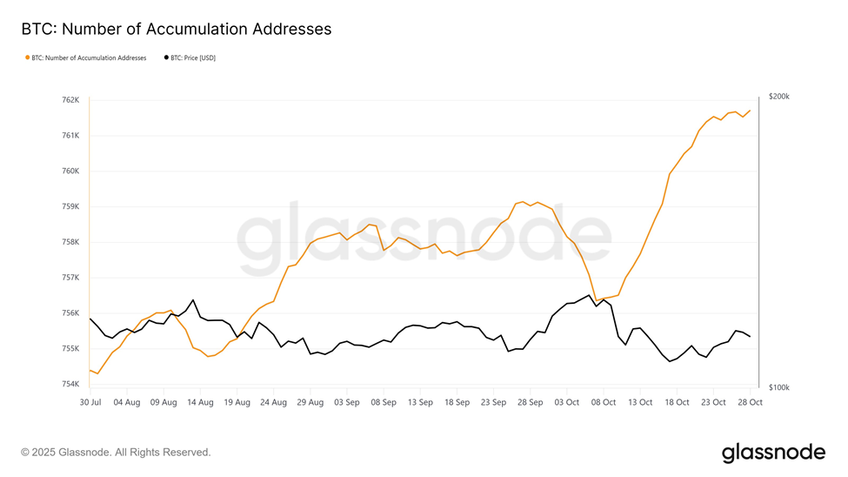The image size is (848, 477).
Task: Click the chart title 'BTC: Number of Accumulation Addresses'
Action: [x=177, y=29]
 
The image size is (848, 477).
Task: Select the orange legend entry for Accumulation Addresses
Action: [x=86, y=58]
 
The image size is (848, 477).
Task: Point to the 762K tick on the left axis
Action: [x=70, y=100]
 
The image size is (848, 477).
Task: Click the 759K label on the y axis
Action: [x=70, y=207]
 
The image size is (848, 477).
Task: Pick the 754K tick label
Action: [x=70, y=384]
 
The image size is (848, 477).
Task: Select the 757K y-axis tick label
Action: [x=70, y=278]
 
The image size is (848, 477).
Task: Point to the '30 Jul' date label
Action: [x=90, y=403]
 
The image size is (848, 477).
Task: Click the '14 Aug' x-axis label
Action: [x=201, y=403]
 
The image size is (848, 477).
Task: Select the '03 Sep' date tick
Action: [x=347, y=403]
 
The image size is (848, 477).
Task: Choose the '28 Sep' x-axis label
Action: [x=531, y=403]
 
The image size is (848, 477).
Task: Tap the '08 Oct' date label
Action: [x=604, y=403]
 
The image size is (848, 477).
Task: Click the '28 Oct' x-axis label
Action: [x=750, y=403]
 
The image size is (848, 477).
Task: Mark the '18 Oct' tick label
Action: [x=677, y=403]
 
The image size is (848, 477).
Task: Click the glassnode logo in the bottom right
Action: [x=773, y=453]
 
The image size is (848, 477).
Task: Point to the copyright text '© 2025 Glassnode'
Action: [x=116, y=453]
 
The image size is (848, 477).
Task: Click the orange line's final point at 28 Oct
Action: [x=750, y=111]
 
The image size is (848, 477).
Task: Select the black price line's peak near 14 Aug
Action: [x=193, y=300]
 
